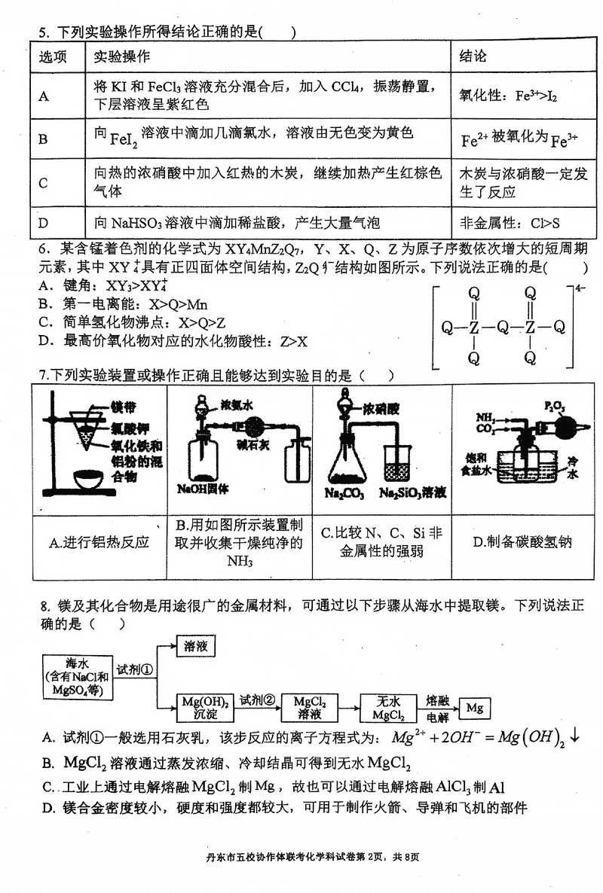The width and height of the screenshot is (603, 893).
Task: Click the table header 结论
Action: point(474,57)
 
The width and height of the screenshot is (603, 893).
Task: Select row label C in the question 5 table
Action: point(44,183)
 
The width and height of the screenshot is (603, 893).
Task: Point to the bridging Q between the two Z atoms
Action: point(502,327)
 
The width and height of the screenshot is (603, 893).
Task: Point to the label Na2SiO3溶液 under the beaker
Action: point(412,493)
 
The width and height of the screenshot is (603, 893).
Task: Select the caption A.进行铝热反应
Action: point(99,542)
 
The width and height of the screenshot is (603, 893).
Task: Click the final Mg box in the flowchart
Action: point(474,708)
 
